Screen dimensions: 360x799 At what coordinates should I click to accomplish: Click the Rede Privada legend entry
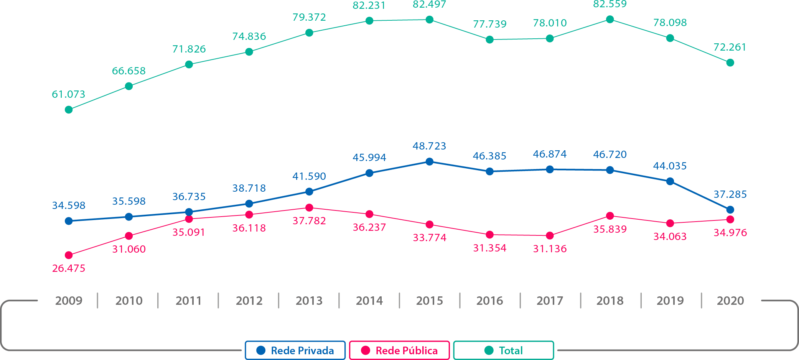pos(295,350)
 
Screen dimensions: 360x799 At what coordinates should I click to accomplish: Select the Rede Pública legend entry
pos(399,350)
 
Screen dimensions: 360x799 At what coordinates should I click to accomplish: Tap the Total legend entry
pos(504,350)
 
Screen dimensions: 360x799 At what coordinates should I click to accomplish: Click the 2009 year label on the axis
pos(69,301)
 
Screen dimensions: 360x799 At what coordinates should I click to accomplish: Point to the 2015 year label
pos(430,301)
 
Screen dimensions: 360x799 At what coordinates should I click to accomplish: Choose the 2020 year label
pos(730,301)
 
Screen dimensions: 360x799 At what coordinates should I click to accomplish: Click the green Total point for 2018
pos(610,19)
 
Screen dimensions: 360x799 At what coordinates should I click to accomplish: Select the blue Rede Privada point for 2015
pos(430,162)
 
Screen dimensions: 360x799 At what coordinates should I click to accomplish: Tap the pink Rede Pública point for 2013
pos(309,208)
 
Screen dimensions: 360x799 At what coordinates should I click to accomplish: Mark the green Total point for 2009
pos(69,110)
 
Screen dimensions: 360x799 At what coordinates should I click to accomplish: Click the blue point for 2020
pos(730,210)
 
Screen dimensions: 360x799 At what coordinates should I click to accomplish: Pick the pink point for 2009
pos(69,255)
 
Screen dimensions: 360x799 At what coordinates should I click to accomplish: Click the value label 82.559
pos(610,4)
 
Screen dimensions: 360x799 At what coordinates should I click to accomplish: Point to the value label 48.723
pos(430,146)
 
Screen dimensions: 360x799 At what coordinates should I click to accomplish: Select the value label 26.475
pos(69,268)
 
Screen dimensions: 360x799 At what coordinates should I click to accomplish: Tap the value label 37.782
pos(309,221)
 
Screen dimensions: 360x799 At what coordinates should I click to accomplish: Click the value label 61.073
pos(69,94)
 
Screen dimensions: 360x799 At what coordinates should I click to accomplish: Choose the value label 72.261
pos(730,47)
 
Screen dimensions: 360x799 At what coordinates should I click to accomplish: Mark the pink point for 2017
pos(550,235)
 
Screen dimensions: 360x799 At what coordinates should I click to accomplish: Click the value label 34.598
pos(69,205)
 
